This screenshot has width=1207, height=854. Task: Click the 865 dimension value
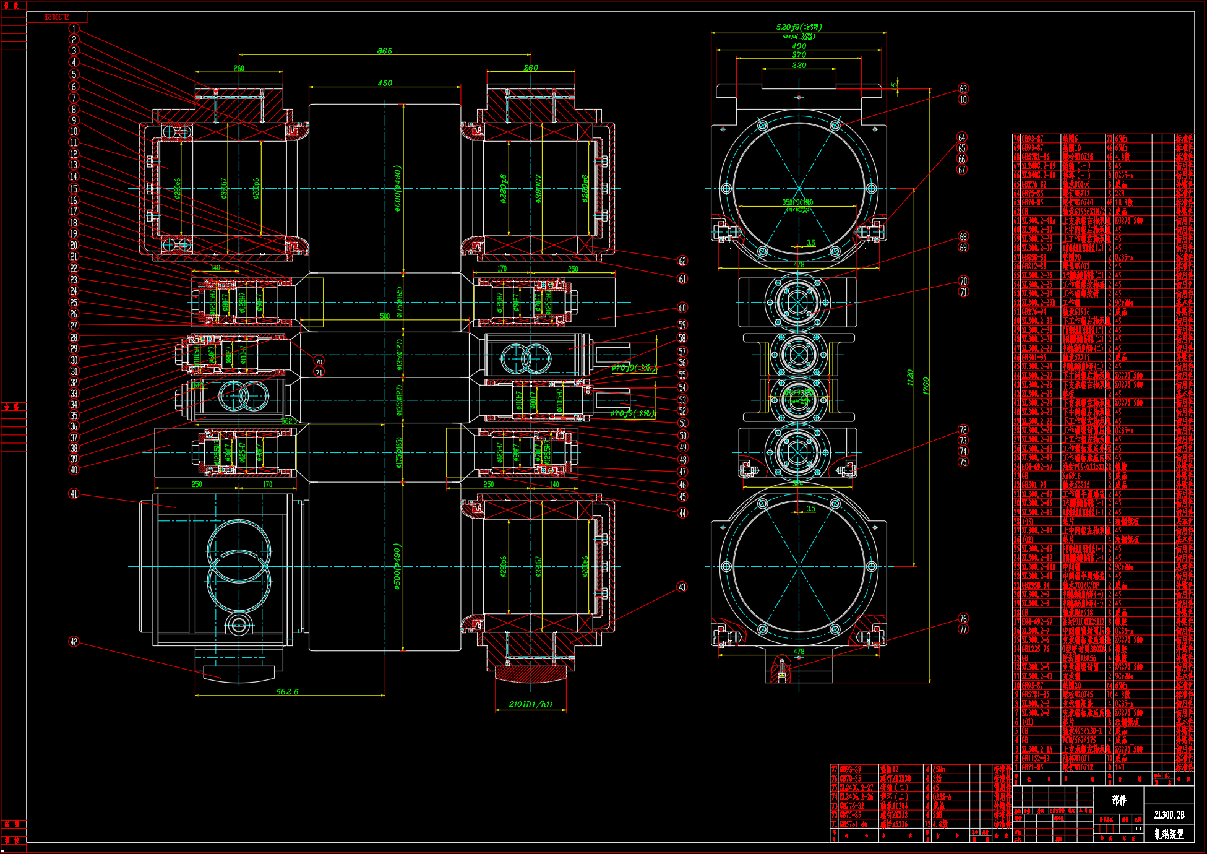point(384,51)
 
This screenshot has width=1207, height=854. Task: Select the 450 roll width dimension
point(384,83)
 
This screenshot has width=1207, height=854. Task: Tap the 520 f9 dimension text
point(798,27)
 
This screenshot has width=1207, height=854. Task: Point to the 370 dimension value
point(799,55)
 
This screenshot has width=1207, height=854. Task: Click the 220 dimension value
point(799,65)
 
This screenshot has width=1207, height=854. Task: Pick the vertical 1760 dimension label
point(926,387)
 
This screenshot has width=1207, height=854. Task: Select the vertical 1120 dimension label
point(910,377)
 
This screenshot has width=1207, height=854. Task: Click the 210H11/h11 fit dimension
point(531,704)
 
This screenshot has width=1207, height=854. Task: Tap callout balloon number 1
point(74,28)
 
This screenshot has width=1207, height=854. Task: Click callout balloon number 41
point(74,494)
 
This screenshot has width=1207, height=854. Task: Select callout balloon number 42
point(74,642)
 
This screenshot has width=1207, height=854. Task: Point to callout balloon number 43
point(682,587)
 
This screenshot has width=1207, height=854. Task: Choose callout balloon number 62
point(682,261)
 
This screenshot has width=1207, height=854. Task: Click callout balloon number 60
point(682,308)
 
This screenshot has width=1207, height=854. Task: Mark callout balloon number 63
point(963,89)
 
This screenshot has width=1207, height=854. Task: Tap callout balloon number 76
point(963,618)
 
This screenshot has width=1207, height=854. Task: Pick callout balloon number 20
point(74,246)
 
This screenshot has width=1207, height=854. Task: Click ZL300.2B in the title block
point(1169,815)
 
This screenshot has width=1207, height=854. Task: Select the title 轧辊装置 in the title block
point(1169,834)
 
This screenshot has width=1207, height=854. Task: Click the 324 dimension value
point(798,484)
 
